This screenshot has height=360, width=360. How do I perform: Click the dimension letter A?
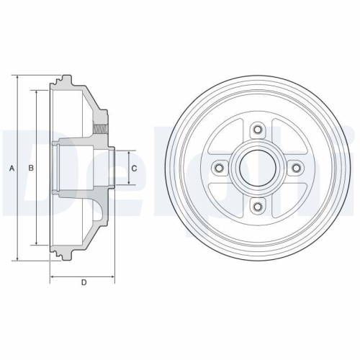pyautogui.click(x=11, y=168)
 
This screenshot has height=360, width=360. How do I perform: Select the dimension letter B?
pyautogui.click(x=30, y=168)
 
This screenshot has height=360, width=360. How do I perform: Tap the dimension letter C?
pyautogui.click(x=134, y=168)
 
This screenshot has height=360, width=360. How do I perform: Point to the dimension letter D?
pyautogui.click(x=84, y=282)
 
